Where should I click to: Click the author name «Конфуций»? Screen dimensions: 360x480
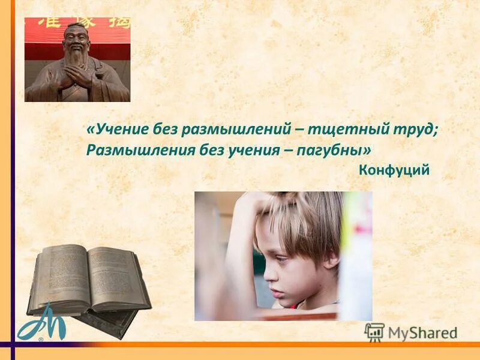394,170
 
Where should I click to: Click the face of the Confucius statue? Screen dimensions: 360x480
75,40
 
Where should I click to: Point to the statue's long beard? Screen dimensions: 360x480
76,60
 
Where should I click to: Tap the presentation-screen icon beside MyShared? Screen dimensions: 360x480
374,332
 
